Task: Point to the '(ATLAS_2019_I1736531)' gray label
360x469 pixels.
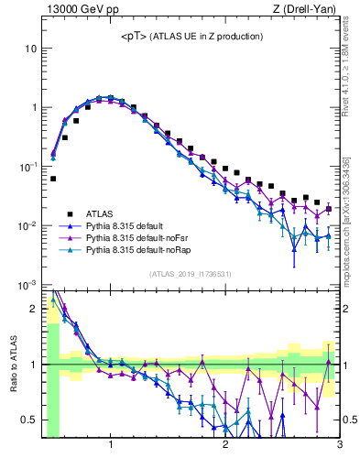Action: tap(189, 274)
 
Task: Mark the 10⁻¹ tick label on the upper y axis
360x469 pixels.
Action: tap(27, 167)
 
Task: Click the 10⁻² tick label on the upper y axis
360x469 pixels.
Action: tap(27, 226)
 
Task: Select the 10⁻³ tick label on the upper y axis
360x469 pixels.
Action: tap(27, 285)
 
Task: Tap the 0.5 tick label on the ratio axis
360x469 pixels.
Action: tap(28, 420)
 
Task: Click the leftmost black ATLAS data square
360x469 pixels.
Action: tap(53, 179)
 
